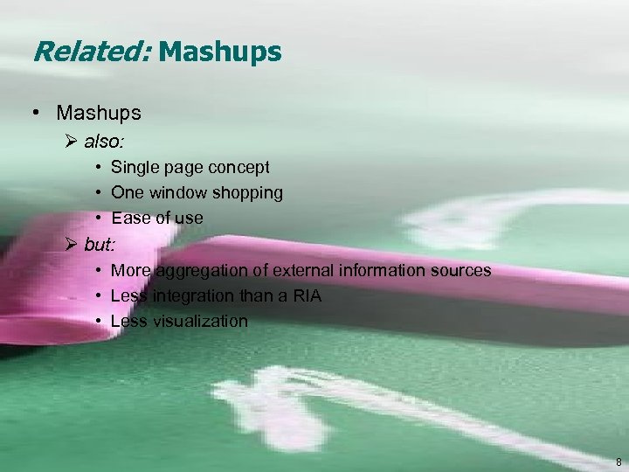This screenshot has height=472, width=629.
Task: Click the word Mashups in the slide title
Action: (220, 52)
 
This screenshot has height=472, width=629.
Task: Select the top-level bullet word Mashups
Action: (99, 114)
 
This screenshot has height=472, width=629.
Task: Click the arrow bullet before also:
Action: (72, 140)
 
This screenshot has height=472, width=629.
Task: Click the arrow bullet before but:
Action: (72, 243)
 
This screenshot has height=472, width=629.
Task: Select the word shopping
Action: (248, 192)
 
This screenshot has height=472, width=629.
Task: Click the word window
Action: (176, 192)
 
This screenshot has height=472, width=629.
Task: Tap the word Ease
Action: (130, 218)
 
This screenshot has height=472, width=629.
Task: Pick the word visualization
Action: (201, 321)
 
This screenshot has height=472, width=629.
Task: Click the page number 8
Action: (619, 461)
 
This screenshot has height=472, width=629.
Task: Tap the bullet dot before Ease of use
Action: (101, 218)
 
